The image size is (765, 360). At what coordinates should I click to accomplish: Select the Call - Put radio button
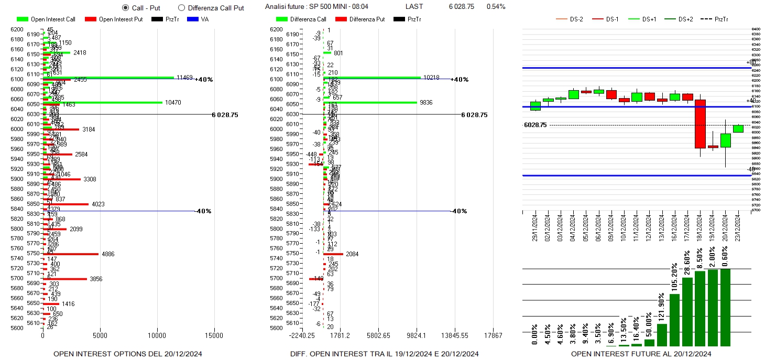tap(125, 8)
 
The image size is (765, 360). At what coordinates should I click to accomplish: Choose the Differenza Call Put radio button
tap(182, 8)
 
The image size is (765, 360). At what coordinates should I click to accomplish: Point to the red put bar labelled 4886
tap(71, 254)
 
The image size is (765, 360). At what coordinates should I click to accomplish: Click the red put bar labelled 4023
tap(66, 204)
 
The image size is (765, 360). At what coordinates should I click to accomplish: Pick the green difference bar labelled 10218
tap(372, 78)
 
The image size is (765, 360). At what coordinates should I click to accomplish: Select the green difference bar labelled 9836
tap(370, 102)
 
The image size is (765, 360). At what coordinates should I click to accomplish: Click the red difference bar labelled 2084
tap(333, 254)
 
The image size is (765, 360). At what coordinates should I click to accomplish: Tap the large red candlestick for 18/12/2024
tap(700, 124)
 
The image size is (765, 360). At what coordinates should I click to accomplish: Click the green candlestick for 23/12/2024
tap(738, 128)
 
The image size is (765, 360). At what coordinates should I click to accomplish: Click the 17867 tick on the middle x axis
tap(493, 336)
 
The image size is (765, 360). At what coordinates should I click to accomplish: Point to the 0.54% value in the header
tap(496, 7)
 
